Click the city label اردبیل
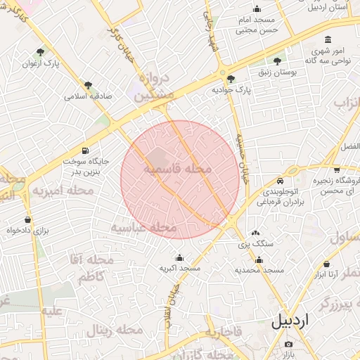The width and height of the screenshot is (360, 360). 289,321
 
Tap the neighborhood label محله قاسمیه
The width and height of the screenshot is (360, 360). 179,169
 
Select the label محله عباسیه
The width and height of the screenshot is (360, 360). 144,228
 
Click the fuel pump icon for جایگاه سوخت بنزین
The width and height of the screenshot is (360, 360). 86,150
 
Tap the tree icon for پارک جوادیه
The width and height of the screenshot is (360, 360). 231,78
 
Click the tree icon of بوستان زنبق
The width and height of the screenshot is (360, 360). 277,61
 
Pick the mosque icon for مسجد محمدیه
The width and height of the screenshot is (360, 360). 259,259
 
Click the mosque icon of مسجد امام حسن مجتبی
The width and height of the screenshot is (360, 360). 257,9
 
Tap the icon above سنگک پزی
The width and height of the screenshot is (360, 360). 255,233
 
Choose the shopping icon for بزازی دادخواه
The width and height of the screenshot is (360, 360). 28,219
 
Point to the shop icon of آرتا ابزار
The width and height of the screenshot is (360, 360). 326,264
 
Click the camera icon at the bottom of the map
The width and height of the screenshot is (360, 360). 288,344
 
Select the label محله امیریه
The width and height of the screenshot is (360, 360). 63,191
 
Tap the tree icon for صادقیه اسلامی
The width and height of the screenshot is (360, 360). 88,85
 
